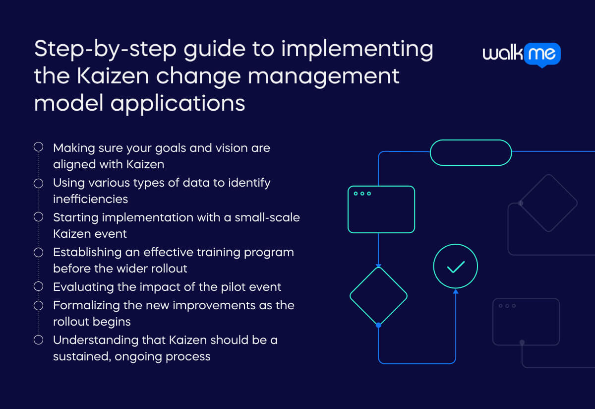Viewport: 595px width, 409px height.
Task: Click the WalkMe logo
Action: pyautogui.click(x=522, y=54)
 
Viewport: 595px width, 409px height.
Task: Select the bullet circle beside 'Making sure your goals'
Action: pyautogui.click(x=38, y=147)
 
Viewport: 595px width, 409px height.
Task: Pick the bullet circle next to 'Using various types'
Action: pyautogui.click(x=38, y=183)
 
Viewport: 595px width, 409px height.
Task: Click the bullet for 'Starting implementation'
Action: pyautogui.click(x=38, y=217)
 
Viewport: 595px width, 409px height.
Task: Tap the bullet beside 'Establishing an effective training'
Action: pyautogui.click(x=38, y=252)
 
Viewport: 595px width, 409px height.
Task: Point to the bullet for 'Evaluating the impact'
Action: pyautogui.click(x=38, y=286)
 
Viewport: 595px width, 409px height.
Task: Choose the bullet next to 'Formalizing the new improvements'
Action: pyautogui.click(x=38, y=305)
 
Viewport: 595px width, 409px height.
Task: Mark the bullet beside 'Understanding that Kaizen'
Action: pyautogui.click(x=38, y=340)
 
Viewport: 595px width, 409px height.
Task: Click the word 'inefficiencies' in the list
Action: pyautogui.click(x=90, y=199)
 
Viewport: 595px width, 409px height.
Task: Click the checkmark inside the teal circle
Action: pyautogui.click(x=455, y=267)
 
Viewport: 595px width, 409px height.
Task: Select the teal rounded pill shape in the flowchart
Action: pyautogui.click(x=470, y=152)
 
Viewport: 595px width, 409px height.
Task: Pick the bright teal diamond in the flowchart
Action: pyautogui.click(x=378, y=296)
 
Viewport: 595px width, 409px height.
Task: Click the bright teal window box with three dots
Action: pyautogui.click(x=381, y=209)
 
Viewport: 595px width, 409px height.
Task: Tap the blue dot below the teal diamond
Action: pyautogui.click(x=378, y=325)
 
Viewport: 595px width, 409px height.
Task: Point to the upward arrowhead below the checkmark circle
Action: pyautogui.click(x=455, y=291)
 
